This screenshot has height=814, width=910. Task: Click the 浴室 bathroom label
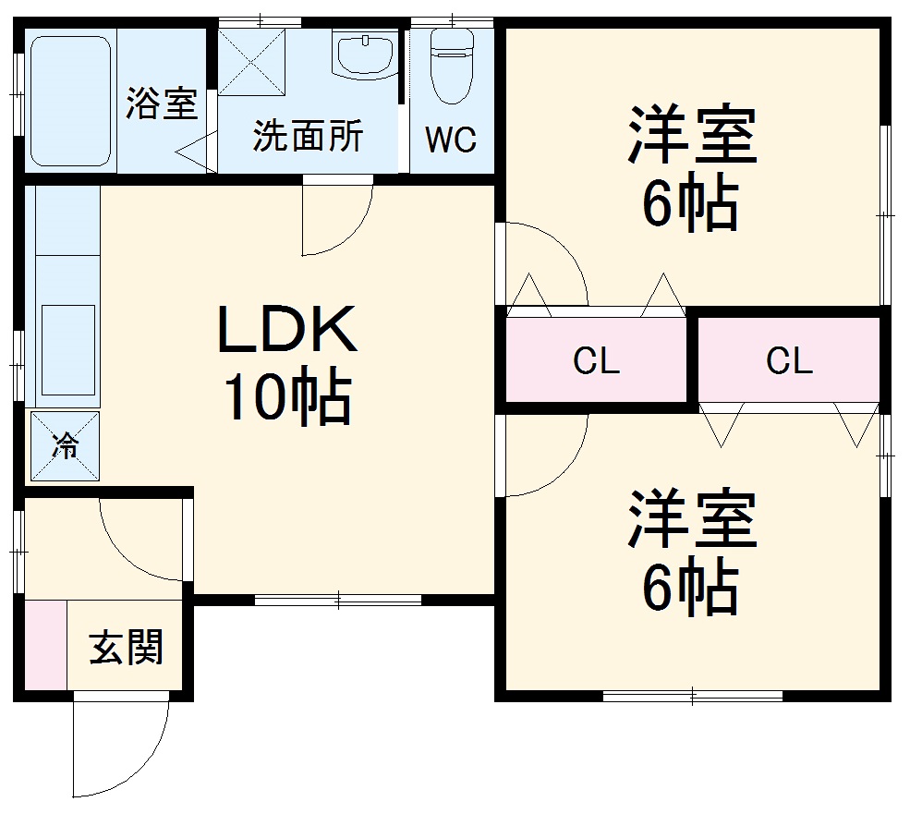162,103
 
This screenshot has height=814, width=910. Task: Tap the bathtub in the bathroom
71,100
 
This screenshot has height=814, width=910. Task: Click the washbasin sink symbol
366,55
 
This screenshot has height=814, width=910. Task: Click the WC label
451,140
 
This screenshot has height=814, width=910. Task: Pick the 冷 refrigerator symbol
65,446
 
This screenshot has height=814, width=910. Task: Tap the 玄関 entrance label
127,648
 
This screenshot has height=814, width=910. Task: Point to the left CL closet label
596,361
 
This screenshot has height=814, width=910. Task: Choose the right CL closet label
789,361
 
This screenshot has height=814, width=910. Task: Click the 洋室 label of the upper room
692,136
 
